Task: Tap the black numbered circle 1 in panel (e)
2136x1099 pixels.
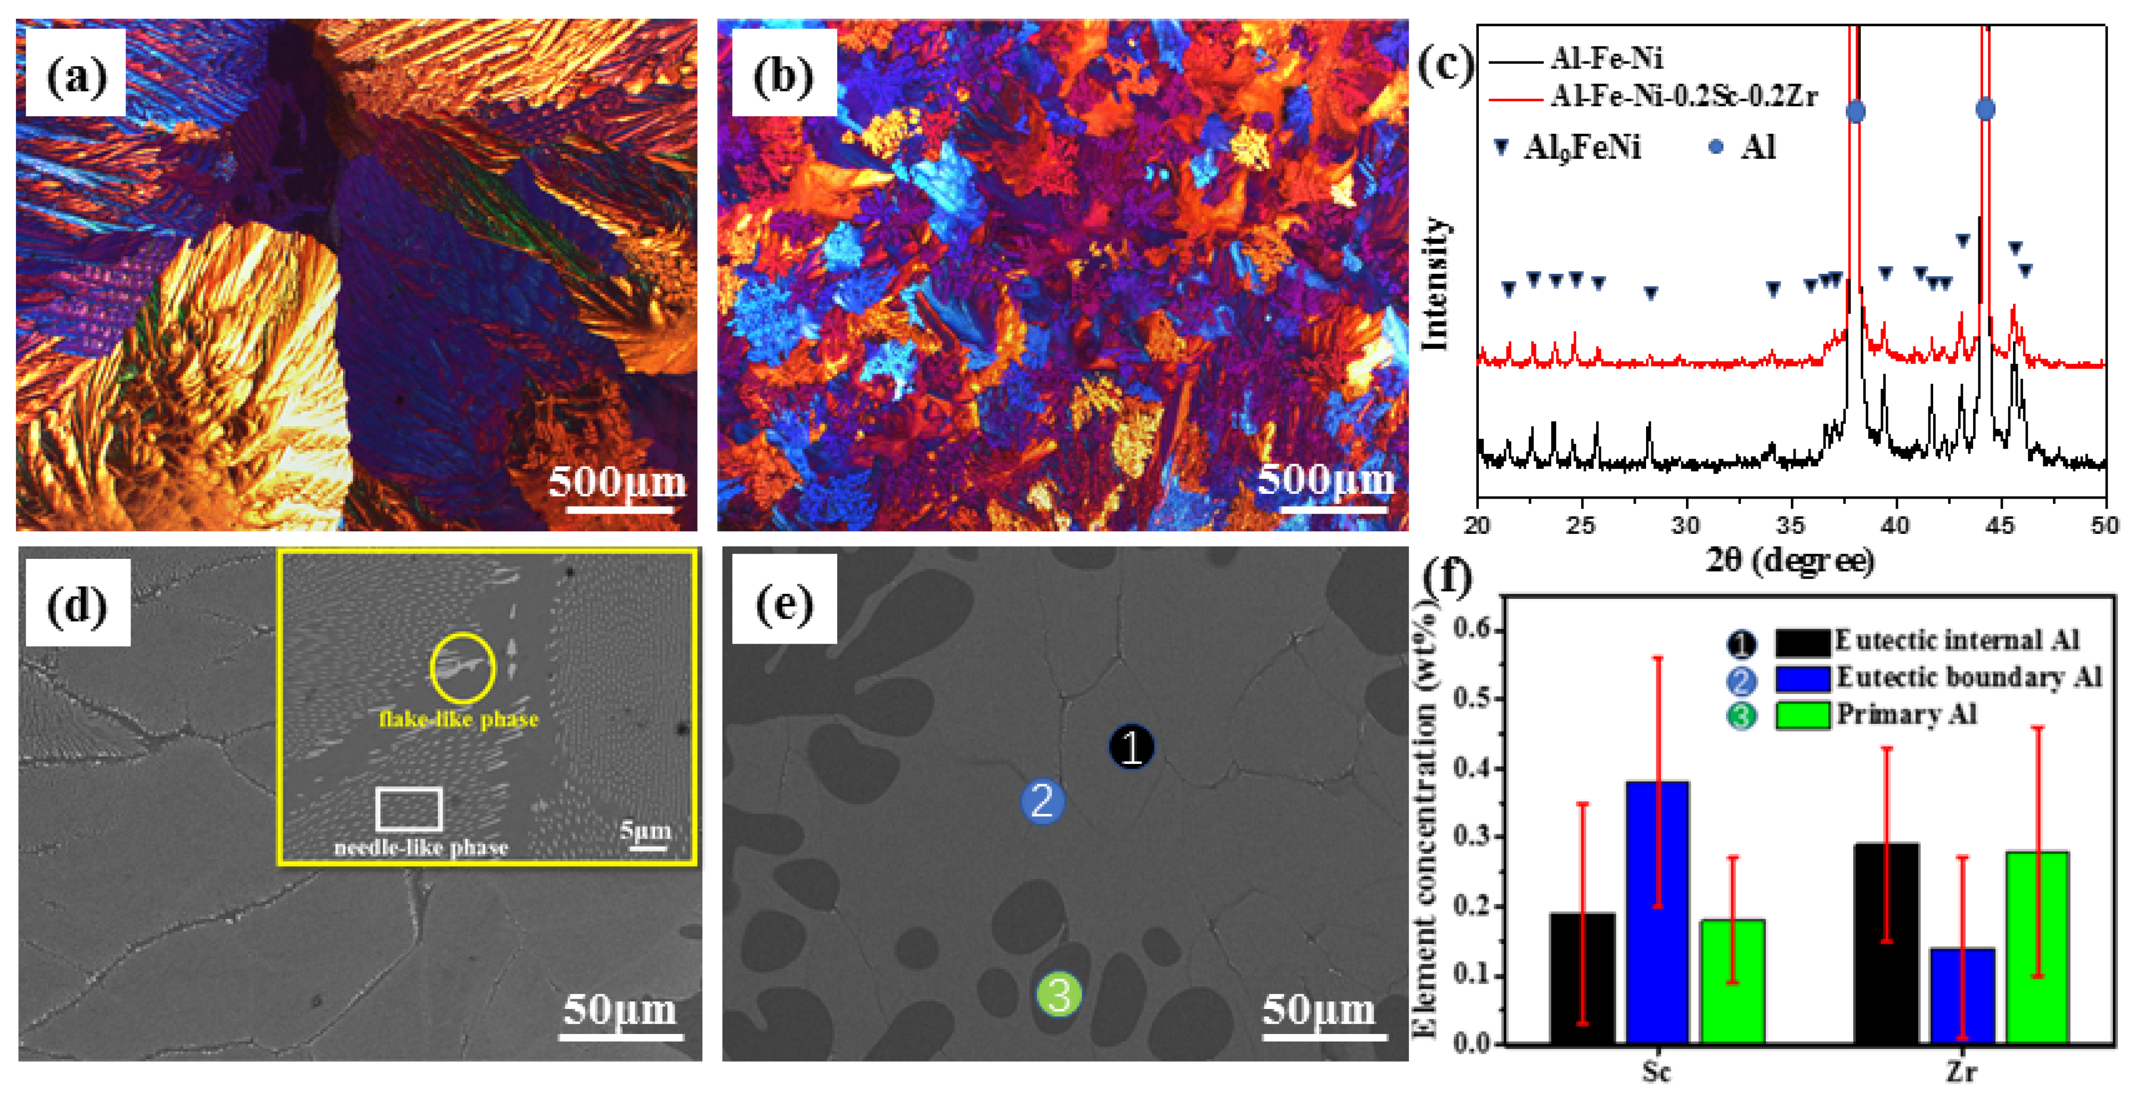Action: tap(1131, 746)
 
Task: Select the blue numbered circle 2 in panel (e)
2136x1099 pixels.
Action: tap(1042, 801)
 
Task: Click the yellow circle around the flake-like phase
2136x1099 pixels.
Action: tap(463, 667)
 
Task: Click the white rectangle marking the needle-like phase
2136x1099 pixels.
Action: tap(409, 809)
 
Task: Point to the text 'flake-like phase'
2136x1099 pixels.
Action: tap(459, 719)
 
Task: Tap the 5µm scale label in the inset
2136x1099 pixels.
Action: tap(645, 831)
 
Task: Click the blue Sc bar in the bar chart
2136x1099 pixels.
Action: tap(1657, 913)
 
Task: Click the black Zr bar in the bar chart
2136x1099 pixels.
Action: tap(1886, 943)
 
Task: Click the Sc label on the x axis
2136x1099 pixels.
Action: tap(1656, 1072)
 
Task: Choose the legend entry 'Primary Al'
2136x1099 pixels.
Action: tap(1905, 715)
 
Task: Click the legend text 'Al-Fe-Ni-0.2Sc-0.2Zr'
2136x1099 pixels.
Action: tap(1683, 97)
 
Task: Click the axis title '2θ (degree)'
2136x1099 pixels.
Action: tap(1789, 561)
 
